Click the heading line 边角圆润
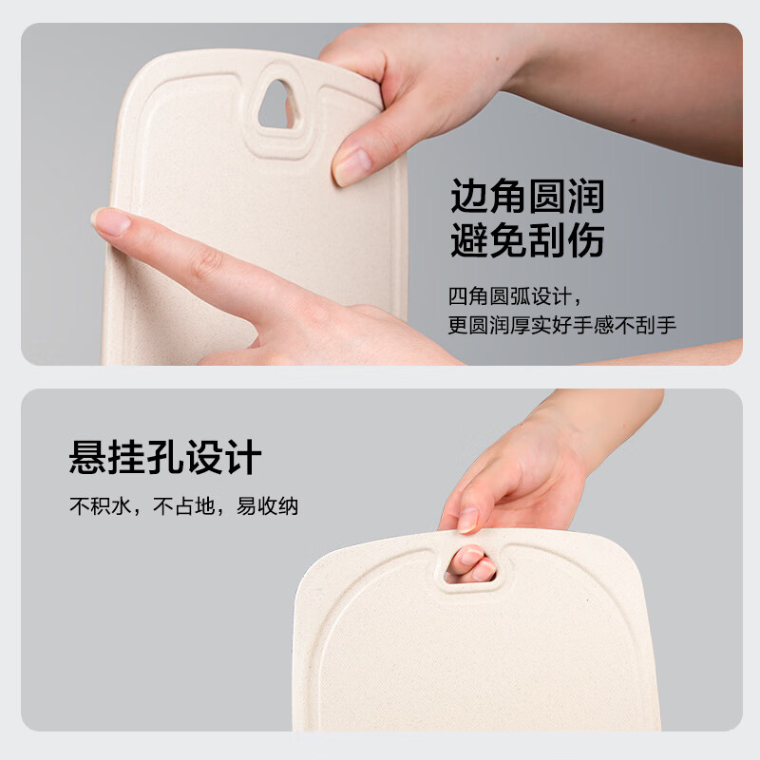pos(527,197)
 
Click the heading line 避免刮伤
pos(527,241)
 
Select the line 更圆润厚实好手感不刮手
pos(562,326)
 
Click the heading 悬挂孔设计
pos(165,457)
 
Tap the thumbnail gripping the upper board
pos(351,167)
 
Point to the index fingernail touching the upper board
pos(110,222)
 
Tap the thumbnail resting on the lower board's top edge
pos(467,520)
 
